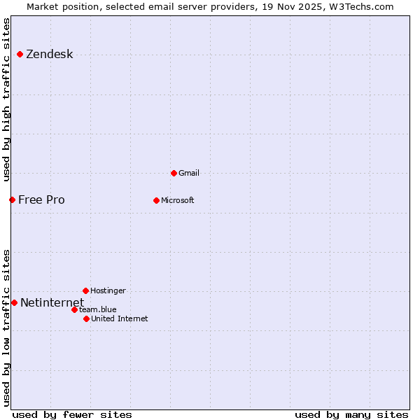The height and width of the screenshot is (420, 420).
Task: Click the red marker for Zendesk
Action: (x=20, y=55)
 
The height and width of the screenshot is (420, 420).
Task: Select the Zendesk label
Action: (x=49, y=55)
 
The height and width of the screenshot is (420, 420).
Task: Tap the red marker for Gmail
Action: (x=174, y=173)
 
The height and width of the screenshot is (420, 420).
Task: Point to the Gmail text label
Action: (x=189, y=173)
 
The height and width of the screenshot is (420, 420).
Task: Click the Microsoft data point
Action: (x=156, y=200)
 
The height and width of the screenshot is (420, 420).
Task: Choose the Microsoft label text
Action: (x=177, y=200)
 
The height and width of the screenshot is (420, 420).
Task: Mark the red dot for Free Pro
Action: (x=12, y=200)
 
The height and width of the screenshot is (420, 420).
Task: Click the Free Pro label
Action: (x=41, y=200)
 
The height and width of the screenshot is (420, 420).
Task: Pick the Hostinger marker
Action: (x=85, y=290)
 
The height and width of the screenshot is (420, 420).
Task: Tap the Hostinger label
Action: (x=108, y=290)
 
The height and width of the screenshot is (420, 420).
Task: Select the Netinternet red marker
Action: (x=14, y=302)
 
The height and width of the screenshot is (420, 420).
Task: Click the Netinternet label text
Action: (x=52, y=302)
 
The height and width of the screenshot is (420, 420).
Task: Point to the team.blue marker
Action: (x=74, y=309)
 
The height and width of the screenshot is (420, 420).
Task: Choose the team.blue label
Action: (x=98, y=309)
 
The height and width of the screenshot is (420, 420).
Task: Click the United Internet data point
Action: (x=86, y=318)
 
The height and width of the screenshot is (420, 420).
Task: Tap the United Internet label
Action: (x=119, y=318)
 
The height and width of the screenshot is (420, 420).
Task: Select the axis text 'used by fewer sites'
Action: (x=72, y=415)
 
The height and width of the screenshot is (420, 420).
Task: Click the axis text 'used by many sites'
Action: (x=351, y=415)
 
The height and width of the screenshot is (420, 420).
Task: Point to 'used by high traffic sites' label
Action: (x=7, y=99)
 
